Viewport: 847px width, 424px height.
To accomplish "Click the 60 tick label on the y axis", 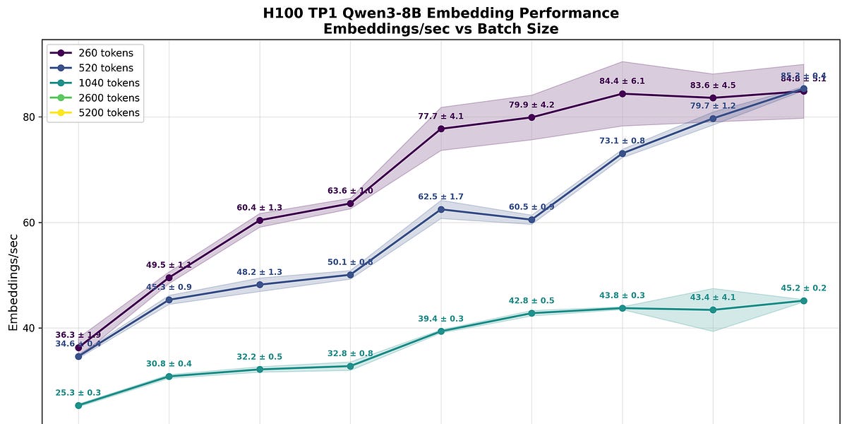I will (30, 223).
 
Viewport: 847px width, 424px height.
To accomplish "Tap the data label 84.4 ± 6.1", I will (622, 81).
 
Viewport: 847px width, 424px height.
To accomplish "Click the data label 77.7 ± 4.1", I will (440, 116).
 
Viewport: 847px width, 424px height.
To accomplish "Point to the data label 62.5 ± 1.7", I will (440, 196).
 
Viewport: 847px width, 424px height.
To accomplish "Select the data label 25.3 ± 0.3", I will (78, 393).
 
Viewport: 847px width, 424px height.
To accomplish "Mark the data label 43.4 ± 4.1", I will (713, 298).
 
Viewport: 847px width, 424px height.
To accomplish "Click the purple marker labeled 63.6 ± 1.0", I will (351, 204).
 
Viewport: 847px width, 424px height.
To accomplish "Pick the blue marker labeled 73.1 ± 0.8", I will (623, 153).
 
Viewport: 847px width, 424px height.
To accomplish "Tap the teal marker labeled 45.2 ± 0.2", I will (804, 301).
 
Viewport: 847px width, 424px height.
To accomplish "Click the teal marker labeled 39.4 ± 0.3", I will (441, 331).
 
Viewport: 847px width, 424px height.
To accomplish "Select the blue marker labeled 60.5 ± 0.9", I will (531, 220).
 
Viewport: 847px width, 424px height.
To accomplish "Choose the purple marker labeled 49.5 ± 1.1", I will (169, 278).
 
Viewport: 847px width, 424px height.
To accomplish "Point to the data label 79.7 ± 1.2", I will (713, 106).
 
